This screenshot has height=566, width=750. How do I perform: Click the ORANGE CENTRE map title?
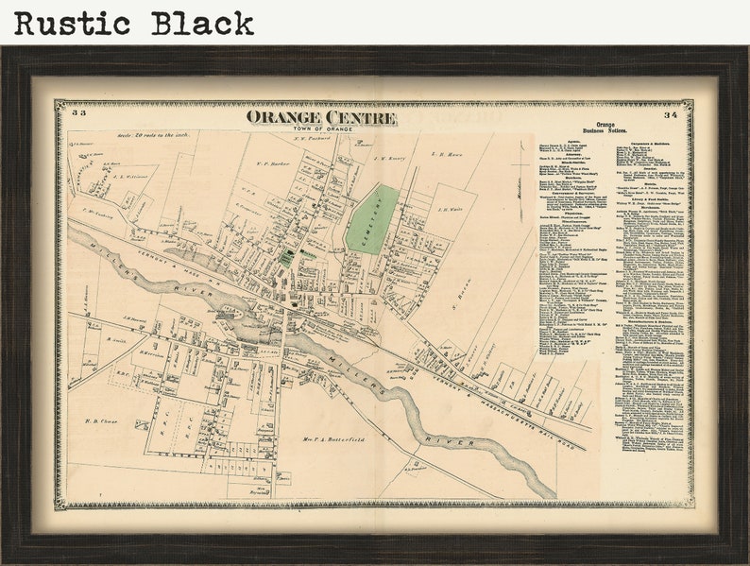[321, 117]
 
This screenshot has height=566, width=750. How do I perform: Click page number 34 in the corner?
[670, 114]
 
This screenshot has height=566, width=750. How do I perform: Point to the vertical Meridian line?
[518, 180]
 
